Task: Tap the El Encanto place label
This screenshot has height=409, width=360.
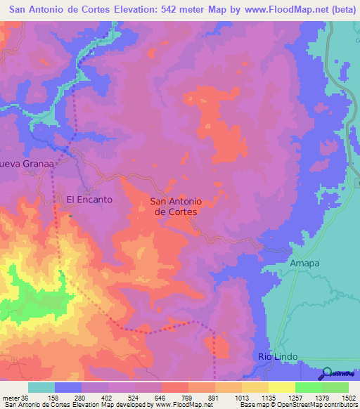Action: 89,200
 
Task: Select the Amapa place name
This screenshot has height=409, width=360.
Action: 304,263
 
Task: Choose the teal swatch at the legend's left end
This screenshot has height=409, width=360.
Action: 41,387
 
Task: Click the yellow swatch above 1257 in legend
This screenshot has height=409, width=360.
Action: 281,387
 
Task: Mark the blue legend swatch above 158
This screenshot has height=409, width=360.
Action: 68,387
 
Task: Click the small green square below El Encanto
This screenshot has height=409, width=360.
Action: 70,216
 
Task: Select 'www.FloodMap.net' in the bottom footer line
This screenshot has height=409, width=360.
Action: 184,405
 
